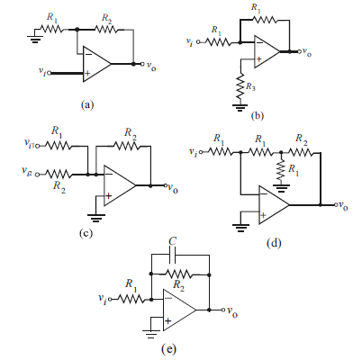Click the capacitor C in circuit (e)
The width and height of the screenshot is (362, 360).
pos(173,255)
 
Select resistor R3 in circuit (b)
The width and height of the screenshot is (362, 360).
pos(240,87)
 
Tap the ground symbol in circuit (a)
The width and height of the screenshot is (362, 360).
pos(35,39)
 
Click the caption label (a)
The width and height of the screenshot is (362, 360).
pos(87,105)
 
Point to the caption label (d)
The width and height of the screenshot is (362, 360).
pos(274,243)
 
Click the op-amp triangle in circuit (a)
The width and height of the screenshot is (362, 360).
pos(96,64)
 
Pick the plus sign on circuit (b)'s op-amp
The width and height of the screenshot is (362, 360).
pos(258,59)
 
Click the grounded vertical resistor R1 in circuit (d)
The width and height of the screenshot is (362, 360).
pos(281,170)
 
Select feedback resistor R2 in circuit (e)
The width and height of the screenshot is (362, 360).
pos(178,274)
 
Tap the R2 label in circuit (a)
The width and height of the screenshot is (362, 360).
pos(106,18)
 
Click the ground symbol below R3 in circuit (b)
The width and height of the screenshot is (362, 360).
pos(240,107)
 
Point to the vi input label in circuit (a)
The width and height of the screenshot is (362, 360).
pos(42,71)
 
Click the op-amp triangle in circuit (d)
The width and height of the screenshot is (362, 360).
pos(274,205)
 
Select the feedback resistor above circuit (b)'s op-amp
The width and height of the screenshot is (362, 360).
pos(265,20)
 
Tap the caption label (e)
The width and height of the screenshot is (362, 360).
pos(168,349)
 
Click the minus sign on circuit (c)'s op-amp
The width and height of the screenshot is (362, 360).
pos(109,174)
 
